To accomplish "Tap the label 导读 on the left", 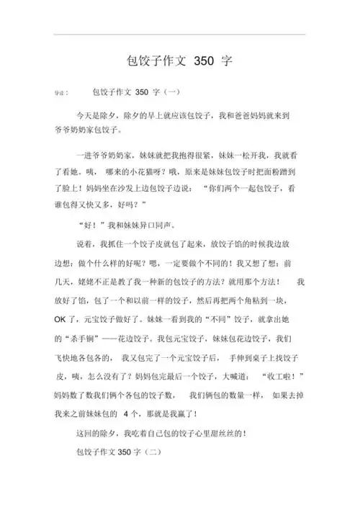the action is pyautogui.click(x=63, y=94).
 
